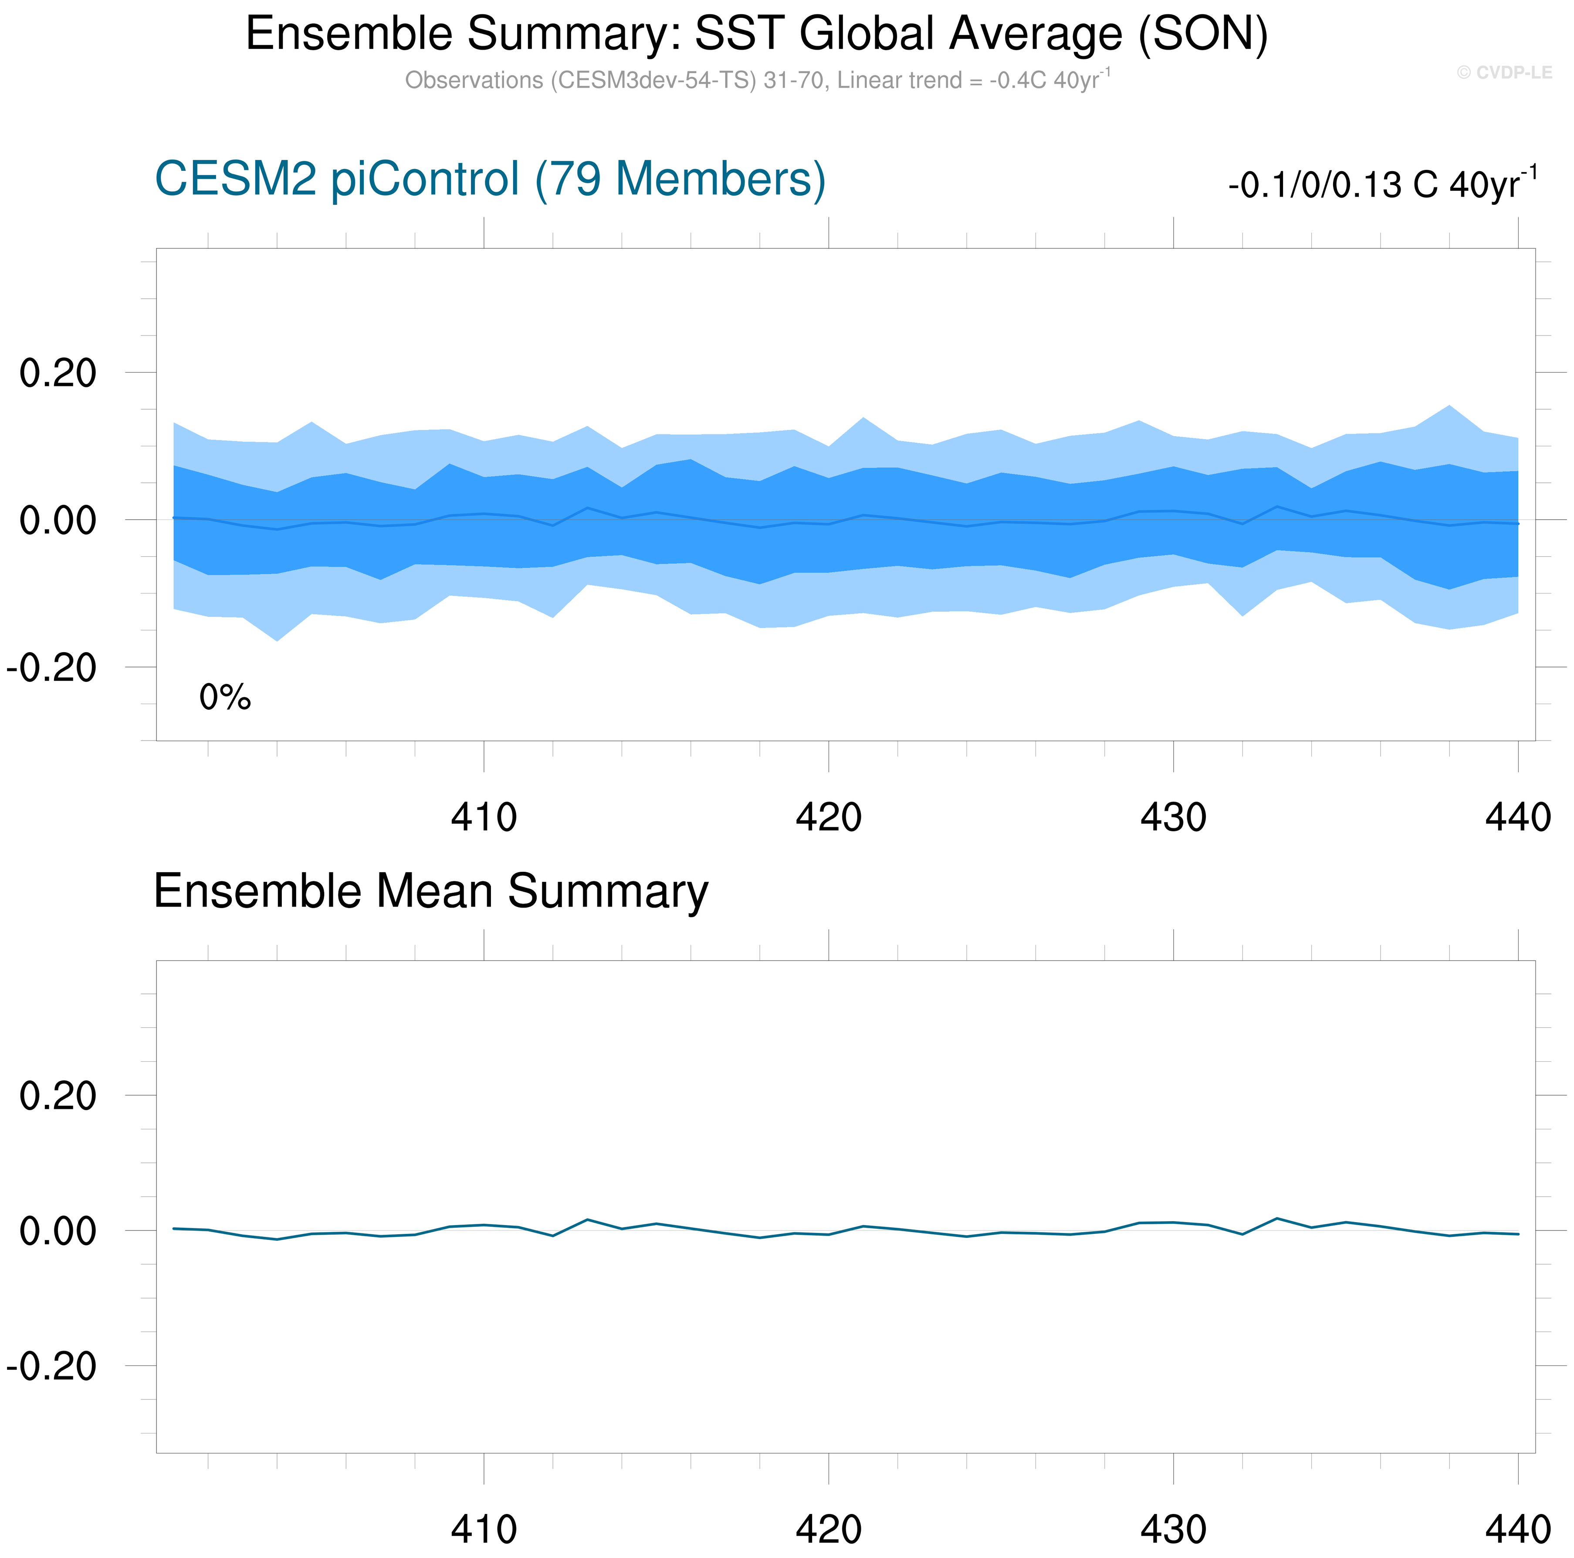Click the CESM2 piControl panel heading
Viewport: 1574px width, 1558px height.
[490, 179]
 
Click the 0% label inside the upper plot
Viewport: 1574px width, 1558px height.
[225, 698]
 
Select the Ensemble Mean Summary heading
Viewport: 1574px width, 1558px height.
[430, 891]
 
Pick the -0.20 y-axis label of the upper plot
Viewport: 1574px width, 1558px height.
[51, 668]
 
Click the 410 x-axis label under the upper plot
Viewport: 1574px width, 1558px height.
[484, 817]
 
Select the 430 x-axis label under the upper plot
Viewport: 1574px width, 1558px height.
[1173, 817]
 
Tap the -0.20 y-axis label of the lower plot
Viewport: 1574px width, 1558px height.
[51, 1366]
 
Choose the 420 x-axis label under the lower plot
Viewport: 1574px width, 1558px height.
[829, 1530]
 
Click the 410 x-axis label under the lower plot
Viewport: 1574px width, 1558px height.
[484, 1530]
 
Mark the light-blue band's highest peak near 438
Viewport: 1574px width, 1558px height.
[1449, 406]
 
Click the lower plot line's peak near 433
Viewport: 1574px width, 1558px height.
[1276, 1218]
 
